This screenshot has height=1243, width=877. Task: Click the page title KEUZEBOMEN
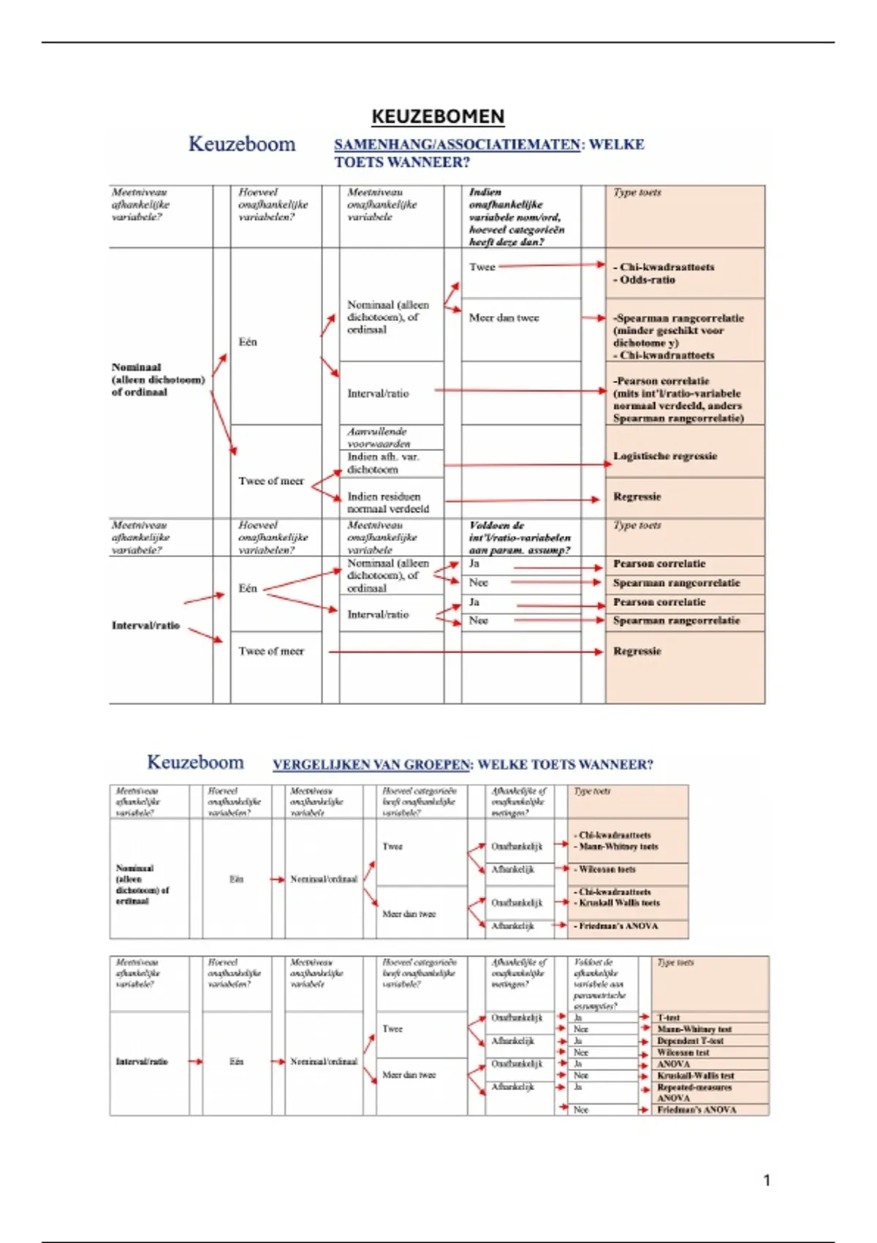(x=438, y=116)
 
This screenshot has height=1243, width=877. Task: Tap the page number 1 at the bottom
(x=767, y=1180)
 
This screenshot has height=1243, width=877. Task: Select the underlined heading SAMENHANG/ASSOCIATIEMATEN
(x=457, y=145)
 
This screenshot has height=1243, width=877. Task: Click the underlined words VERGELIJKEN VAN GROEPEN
(x=371, y=765)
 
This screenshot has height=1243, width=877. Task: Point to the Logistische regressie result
(x=664, y=456)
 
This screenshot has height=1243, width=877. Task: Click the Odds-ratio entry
(x=647, y=280)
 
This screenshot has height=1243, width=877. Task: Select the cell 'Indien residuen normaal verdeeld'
(x=387, y=502)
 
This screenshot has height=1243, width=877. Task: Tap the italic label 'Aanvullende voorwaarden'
(x=378, y=437)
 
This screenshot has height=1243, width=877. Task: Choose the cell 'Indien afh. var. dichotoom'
(x=382, y=463)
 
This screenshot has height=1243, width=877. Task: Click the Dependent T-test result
(x=690, y=1040)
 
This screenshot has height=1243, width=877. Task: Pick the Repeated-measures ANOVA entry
(x=693, y=1092)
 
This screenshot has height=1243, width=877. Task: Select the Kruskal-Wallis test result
(x=695, y=1076)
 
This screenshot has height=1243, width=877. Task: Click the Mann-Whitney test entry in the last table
(x=694, y=1029)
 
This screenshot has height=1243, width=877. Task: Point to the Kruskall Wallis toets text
(x=619, y=903)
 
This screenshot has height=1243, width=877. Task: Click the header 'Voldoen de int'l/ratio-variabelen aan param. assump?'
(x=519, y=537)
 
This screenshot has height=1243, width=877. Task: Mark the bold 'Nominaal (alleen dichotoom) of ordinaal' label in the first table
(x=158, y=379)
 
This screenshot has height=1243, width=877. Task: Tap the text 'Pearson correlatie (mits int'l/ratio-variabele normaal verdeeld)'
(x=677, y=399)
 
